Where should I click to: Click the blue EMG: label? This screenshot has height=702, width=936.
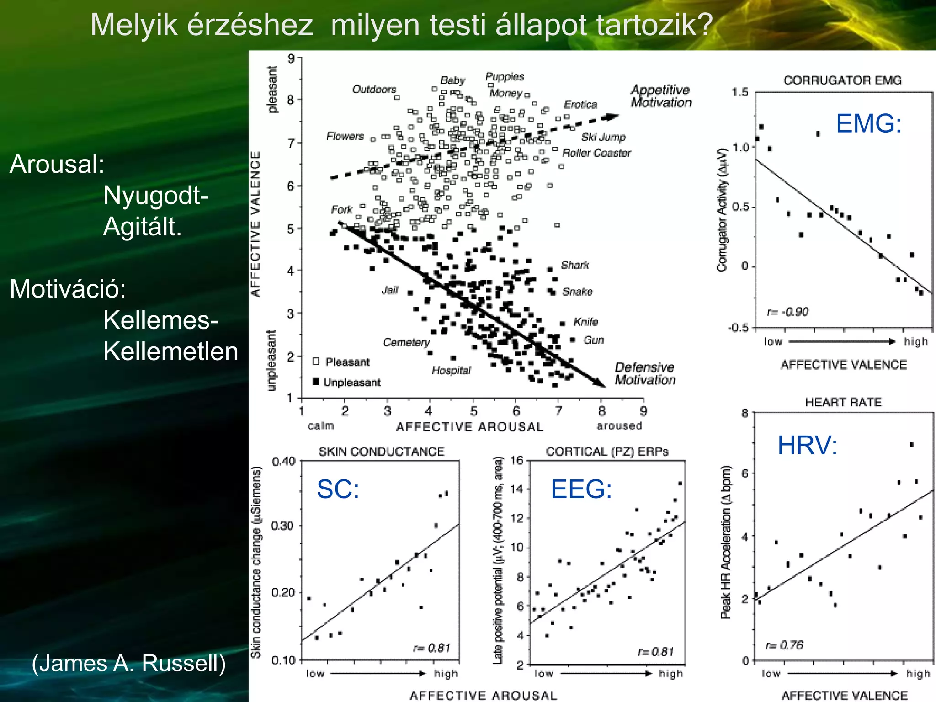868,124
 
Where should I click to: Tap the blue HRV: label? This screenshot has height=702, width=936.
807,445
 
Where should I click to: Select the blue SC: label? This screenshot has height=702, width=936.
338,489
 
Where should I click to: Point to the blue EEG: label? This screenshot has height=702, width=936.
581,489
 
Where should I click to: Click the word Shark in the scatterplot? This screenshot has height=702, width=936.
574,265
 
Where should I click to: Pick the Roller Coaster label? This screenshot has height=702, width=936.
596,153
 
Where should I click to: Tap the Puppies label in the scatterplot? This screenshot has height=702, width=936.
505,76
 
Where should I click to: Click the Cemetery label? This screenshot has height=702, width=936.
406,342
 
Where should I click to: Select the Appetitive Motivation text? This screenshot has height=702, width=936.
660,96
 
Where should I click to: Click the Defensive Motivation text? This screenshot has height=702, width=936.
644,373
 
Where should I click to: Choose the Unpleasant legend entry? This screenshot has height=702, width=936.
351,383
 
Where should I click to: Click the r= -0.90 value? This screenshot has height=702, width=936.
787,312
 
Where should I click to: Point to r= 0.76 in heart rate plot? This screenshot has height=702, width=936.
784,645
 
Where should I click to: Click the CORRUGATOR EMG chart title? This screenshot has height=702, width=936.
842,80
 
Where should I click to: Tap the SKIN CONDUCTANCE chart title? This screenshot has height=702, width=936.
381,452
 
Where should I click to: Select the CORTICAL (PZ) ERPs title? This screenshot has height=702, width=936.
607,452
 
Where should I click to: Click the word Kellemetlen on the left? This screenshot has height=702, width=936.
170,351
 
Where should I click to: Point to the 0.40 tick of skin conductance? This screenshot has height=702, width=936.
283,461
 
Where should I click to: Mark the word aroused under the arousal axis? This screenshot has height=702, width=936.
619,426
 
